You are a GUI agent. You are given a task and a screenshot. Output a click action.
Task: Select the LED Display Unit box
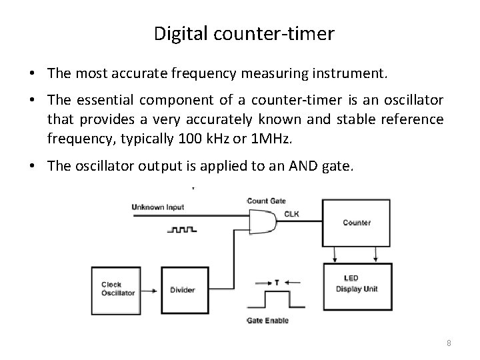point(359,285)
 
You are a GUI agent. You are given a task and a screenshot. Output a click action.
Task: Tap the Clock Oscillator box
point(117,288)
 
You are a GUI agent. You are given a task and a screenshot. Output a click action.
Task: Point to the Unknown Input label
point(159,207)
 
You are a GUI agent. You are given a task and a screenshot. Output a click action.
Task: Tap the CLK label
point(291,214)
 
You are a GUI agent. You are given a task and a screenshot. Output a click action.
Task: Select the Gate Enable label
point(267,321)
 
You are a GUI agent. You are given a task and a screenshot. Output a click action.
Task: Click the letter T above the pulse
point(277,282)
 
